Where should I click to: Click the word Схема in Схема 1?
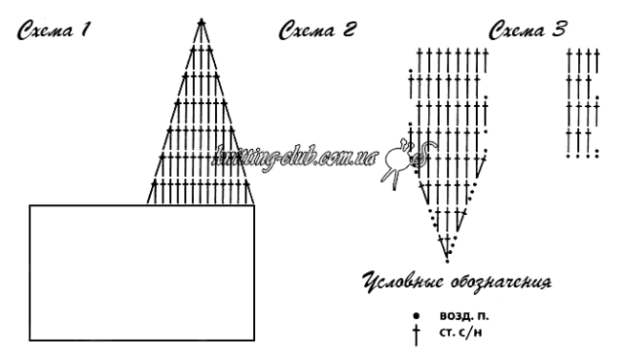tap(45, 30)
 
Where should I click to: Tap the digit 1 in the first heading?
tap(85, 29)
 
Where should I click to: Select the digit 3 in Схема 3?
tap(558, 29)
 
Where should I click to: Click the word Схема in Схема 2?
tap(307, 30)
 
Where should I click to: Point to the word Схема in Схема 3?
tap(516, 30)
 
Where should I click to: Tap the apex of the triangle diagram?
tap(202, 19)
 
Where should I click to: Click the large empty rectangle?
tap(142, 272)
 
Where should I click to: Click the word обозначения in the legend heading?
tap(501, 282)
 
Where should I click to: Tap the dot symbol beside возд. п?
tap(416, 316)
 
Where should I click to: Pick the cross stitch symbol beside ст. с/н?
tap(416, 336)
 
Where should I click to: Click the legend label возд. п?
tap(464, 316)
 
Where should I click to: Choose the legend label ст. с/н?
tap(460, 332)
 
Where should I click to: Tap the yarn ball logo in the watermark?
tap(405, 161)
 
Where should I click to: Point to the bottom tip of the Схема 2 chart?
tap(448, 262)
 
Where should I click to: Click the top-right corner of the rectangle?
tap(254, 205)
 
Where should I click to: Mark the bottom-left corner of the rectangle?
tap(30, 341)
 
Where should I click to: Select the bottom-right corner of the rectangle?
tap(254, 341)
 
